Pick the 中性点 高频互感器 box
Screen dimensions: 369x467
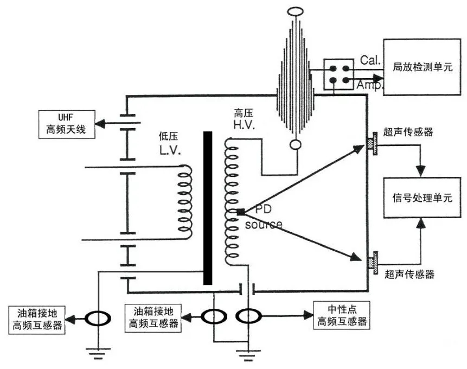coord(342,315)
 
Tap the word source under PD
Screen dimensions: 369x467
coord(263,225)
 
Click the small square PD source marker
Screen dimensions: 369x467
coord(240,212)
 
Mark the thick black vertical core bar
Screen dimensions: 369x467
coord(207,207)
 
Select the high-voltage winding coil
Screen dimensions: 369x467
coord(232,203)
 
